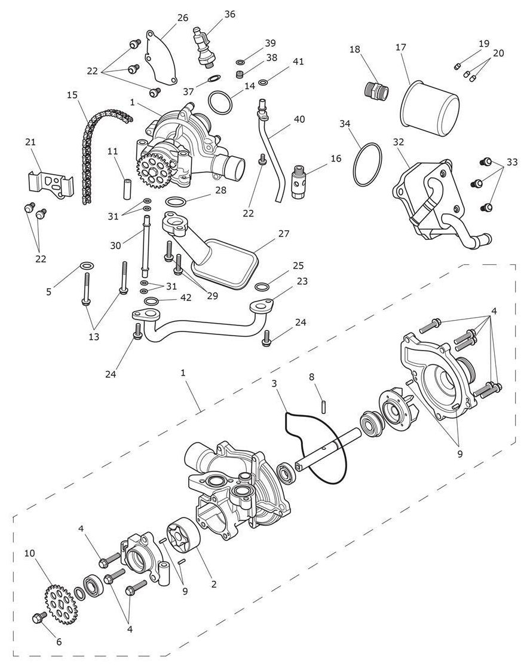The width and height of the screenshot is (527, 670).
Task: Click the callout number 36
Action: [229, 14]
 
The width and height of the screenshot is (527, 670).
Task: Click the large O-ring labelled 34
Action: [367, 165]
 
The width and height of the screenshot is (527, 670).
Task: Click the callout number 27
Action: [284, 234]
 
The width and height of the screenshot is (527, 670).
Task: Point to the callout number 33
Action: [512, 162]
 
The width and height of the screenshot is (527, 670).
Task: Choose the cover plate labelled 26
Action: [161, 57]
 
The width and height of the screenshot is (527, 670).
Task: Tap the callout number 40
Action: [299, 119]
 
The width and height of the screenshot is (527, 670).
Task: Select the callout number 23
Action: [302, 281]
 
